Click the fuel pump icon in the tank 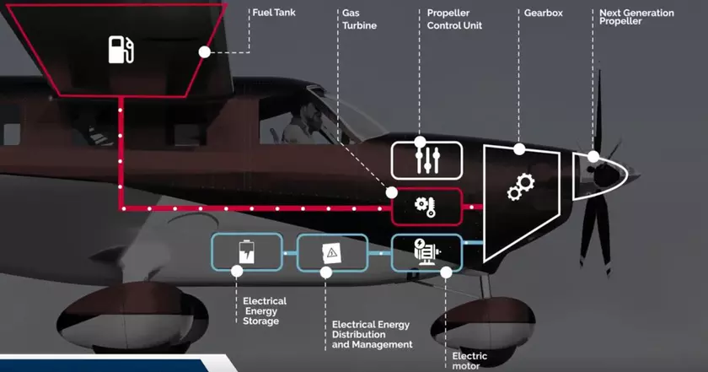tap(121, 50)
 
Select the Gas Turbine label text tap(359, 19)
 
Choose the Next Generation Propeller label tap(636, 17)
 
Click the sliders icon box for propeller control tap(427, 159)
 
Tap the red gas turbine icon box tap(427, 207)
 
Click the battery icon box tap(246, 251)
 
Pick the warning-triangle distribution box tap(332, 251)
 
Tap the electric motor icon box tap(427, 251)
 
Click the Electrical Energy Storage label tap(264, 310)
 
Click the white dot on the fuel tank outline tap(204, 52)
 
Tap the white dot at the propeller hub tap(594, 157)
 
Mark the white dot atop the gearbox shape tap(519, 149)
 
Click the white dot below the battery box tap(237, 271)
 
